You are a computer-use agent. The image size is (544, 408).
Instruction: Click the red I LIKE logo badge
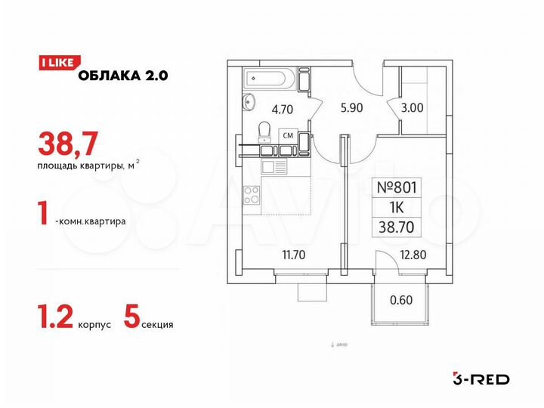(55, 63)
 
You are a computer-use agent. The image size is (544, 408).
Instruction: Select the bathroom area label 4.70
(282, 109)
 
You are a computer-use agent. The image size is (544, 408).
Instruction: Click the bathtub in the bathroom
(269, 79)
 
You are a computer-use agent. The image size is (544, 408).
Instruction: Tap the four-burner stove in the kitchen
(252, 194)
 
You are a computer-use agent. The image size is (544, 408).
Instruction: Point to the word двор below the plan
(340, 345)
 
